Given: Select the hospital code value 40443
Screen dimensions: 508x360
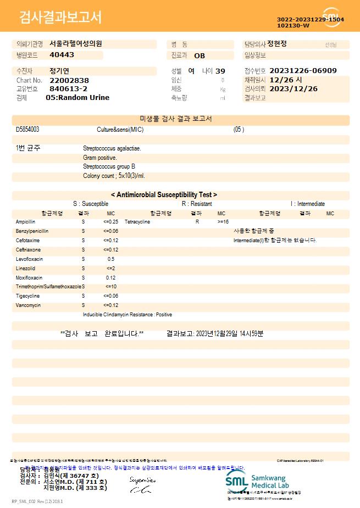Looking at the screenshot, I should [x=62, y=55].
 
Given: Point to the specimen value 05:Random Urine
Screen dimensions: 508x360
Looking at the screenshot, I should [x=77, y=97].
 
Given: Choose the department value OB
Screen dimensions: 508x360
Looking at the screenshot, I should [x=200, y=55].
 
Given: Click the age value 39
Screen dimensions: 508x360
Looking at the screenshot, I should [x=220, y=71].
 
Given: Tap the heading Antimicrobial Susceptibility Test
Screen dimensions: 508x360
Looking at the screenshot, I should [x=164, y=194].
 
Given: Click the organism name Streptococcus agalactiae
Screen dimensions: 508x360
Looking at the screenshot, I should [x=112, y=148].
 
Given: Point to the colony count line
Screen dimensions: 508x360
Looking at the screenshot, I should [x=114, y=176].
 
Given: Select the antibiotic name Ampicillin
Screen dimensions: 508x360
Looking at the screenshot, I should [x=25, y=221].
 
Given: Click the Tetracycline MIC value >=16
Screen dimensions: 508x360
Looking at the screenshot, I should [x=223, y=221].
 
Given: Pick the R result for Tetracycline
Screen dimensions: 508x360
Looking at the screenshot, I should [x=197, y=221].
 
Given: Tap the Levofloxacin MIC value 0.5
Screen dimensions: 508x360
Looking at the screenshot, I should [x=111, y=259].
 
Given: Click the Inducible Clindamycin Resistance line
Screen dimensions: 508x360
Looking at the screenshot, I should [x=128, y=315].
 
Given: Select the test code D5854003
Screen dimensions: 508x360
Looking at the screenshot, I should [x=27, y=130].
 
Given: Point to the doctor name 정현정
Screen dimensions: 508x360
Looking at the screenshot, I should [x=281, y=43].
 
